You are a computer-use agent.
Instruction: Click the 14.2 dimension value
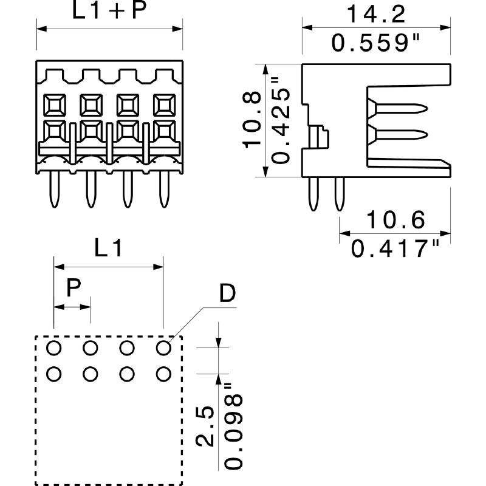(375, 14)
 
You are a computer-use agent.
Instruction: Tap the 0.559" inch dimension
(375, 43)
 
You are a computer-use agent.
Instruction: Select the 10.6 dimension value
(396, 220)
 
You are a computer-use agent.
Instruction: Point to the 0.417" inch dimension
(395, 248)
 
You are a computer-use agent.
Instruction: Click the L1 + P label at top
(109, 10)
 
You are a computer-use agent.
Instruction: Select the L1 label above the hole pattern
(108, 248)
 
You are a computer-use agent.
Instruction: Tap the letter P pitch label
(74, 287)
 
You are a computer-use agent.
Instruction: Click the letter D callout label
(227, 293)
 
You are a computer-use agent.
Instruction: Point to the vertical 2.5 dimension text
(205, 426)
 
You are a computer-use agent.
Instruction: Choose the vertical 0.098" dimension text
(233, 426)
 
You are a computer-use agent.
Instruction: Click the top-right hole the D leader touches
(163, 347)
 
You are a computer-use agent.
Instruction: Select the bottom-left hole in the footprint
(53, 374)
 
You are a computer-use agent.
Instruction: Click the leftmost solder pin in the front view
(55, 189)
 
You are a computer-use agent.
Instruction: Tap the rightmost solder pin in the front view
(164, 189)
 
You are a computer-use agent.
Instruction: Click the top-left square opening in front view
(55, 105)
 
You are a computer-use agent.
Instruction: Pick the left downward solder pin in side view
(313, 194)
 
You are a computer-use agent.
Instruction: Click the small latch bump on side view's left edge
(318, 137)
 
